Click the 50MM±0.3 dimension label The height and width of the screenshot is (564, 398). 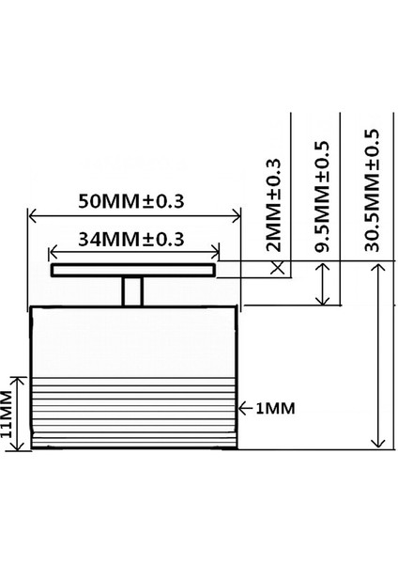coord(131,201)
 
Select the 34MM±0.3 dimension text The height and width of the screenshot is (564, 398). coord(130,239)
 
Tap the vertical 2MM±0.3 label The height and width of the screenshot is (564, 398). coord(274,206)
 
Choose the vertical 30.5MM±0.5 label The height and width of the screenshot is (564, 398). coord(372,188)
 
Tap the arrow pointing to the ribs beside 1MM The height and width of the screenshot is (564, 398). coord(242,408)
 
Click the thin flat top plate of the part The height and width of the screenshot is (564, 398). coord(132,271)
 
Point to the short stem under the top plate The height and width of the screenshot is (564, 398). coord(132,291)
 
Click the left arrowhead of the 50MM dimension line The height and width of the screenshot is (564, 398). coord(34,216)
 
